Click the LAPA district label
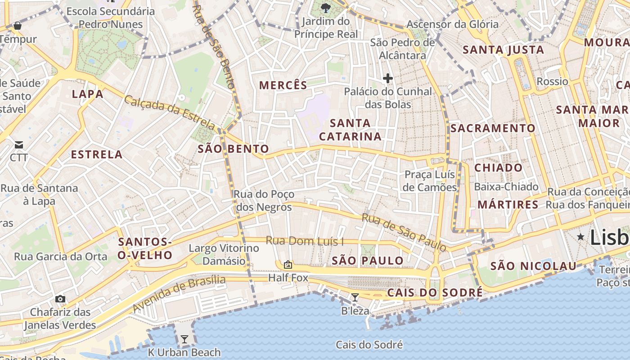tap(88, 94)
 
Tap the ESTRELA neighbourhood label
tap(97, 154)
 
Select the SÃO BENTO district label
tap(233, 149)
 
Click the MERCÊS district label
tap(283, 85)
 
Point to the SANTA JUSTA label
tap(503, 50)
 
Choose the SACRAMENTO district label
tap(493, 128)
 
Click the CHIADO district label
tap(499, 168)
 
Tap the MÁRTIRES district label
tap(508, 205)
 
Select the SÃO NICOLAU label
tap(533, 266)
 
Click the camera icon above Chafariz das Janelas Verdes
tap(60, 299)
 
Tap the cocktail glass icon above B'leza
tap(355, 297)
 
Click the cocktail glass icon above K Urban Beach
tap(184, 339)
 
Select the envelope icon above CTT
tap(19, 144)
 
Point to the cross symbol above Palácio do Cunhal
tap(387, 78)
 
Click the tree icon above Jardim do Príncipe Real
tap(326, 8)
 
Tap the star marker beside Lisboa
tap(580, 237)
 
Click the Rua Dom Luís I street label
tap(305, 241)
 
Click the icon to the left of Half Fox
tap(288, 265)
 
